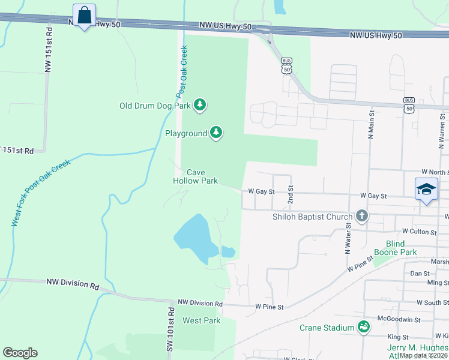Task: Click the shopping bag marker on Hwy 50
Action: (85, 15)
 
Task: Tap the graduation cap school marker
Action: (426, 189)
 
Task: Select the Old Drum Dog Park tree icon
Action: (200, 106)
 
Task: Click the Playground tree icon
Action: (216, 133)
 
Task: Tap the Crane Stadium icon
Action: (363, 327)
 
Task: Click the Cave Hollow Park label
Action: (195, 176)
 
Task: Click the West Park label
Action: (201, 320)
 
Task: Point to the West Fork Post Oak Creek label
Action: (41, 193)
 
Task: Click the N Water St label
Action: (348, 238)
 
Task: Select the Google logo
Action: (20, 353)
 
